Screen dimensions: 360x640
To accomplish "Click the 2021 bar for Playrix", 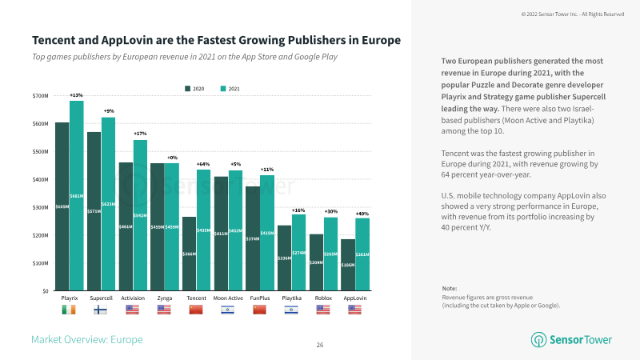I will [77, 196].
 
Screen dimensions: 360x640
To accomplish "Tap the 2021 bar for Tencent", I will [204, 230].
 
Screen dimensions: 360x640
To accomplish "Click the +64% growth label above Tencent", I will [203, 164].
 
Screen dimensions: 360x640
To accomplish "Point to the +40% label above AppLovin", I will [362, 214].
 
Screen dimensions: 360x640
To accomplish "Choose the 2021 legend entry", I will [230, 88].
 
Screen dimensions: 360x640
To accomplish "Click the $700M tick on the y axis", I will [40, 96].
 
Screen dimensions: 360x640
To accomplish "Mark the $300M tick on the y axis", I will [40, 207].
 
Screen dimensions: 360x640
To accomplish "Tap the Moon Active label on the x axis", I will [228, 298].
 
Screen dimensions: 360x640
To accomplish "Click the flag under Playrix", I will [69, 310].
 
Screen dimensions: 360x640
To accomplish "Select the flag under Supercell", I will [101, 310].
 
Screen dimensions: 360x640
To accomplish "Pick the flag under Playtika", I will [291, 310].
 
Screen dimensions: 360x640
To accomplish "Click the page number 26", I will [319, 345].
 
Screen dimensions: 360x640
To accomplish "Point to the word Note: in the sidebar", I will [450, 288].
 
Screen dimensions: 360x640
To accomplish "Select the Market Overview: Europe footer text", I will [86, 340].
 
